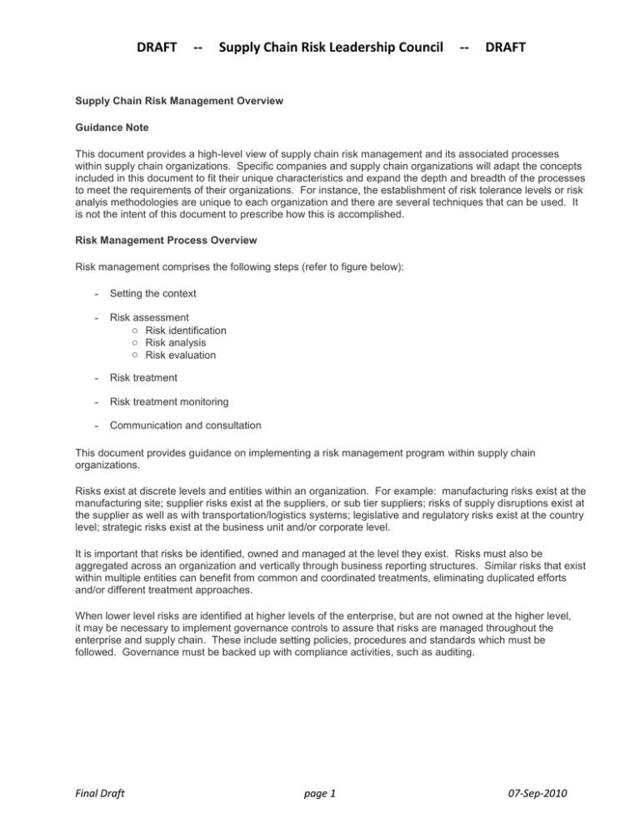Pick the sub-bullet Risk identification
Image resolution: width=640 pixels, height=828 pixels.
coord(185,331)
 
